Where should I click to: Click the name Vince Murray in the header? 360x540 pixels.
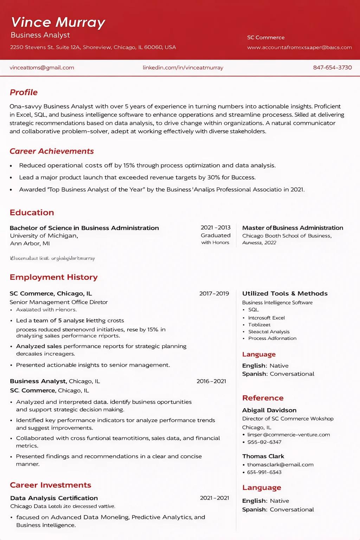[58, 22]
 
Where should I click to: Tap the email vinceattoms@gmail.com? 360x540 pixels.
[42, 67]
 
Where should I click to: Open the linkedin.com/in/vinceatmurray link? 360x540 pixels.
[183, 67]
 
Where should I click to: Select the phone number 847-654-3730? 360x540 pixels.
[332, 67]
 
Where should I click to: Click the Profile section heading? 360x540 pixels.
[24, 92]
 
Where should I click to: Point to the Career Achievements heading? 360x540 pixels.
[52, 151]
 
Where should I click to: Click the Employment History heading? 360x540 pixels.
[53, 277]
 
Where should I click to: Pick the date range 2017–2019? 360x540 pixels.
[214, 294]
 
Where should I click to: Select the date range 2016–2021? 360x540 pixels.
[211, 381]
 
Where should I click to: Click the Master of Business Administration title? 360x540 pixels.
[292, 228]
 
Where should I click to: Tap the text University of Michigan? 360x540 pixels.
[44, 236]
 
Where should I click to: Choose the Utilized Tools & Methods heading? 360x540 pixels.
[285, 294]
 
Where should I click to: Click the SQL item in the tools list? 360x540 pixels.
[253, 310]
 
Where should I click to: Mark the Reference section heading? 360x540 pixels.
[263, 398]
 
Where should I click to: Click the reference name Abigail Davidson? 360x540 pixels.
[269, 410]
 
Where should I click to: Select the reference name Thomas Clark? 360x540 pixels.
[263, 456]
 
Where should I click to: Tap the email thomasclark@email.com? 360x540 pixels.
[280, 465]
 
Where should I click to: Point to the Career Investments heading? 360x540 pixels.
[51, 485]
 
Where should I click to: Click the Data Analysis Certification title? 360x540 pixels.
[54, 498]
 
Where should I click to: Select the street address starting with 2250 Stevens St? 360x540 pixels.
[93, 47]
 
